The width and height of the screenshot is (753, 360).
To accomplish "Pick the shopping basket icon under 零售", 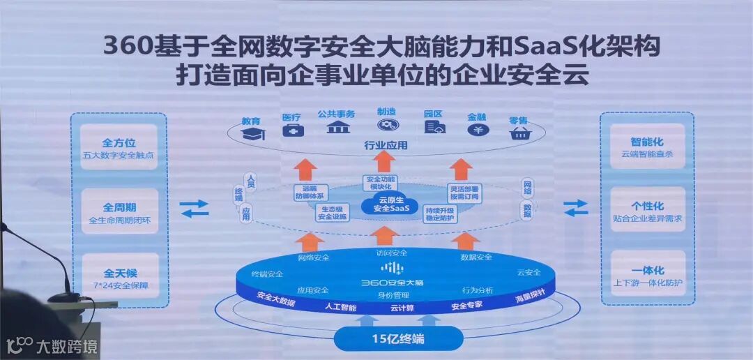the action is pos(519,133).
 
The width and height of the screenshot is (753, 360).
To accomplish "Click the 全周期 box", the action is pos(119,212).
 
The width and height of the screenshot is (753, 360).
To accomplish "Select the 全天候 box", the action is pos(119,276).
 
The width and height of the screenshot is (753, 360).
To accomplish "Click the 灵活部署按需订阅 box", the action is pos(463,192).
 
